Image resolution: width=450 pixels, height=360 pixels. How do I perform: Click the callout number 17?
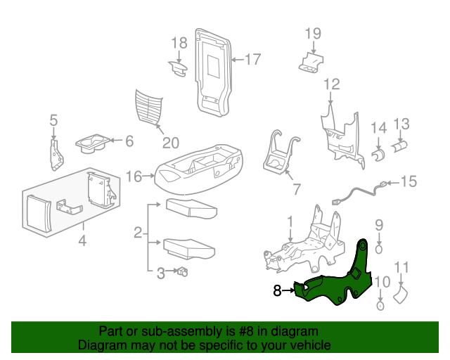tap(252, 60)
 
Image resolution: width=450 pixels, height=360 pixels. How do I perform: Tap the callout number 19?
tap(313, 33)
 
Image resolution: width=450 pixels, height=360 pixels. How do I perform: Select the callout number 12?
tap(332, 85)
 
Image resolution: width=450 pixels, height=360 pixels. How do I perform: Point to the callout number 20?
tap(171, 143)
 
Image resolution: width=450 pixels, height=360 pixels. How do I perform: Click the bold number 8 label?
tap(277, 289)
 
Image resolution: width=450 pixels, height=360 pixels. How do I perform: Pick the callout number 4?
tap(82, 243)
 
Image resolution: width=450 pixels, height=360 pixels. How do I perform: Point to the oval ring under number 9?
tap(378, 248)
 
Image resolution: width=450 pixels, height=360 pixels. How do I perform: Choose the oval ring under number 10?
tap(379, 306)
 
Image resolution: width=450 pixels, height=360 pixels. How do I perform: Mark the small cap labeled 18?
tap(176, 67)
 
